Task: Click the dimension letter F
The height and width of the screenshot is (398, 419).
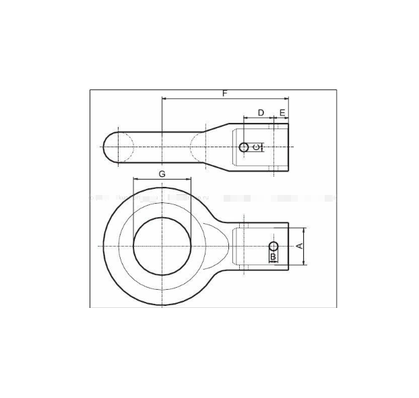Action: [x=225, y=93]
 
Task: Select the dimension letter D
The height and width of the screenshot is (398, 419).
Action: [x=261, y=112]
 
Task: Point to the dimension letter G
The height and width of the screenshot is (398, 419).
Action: [x=162, y=173]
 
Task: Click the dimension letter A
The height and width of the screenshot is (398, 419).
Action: [x=300, y=246]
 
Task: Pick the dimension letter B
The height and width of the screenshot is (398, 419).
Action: [x=273, y=257]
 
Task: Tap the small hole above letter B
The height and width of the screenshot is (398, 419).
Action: [x=273, y=245]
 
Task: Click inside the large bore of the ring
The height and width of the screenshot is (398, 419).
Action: [x=162, y=245]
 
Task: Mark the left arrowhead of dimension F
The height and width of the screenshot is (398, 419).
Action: [x=164, y=99]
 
